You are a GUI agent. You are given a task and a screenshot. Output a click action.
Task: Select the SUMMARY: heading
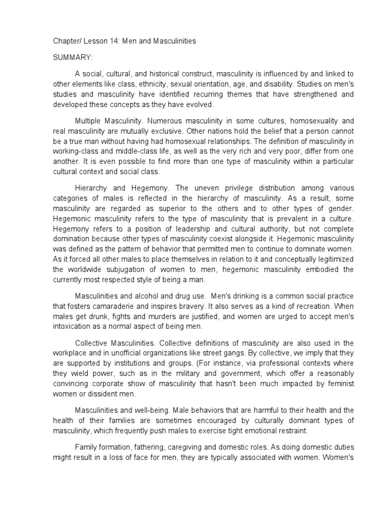[72, 57]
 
